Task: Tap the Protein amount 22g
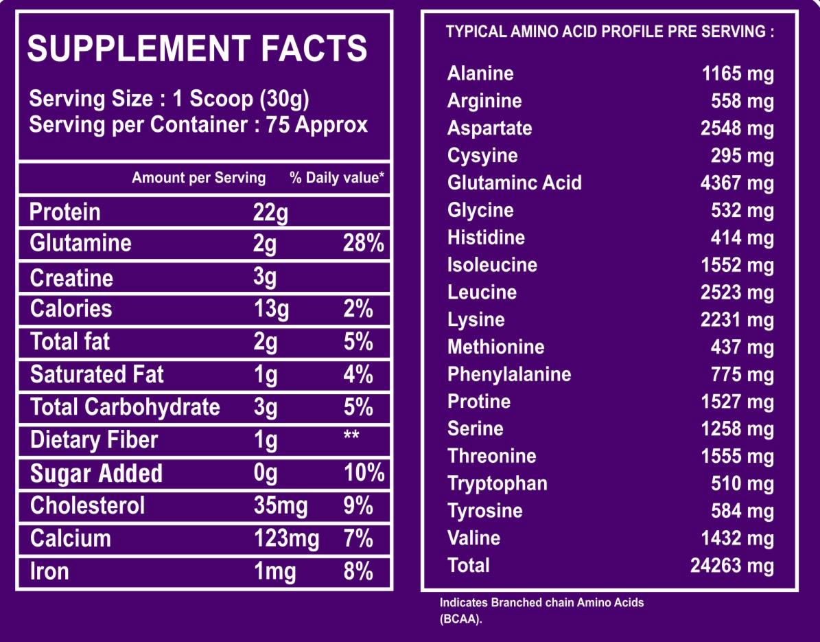pos(270,212)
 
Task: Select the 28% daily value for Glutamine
pos(363,244)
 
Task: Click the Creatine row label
pos(71,278)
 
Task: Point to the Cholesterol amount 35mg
pos(280,506)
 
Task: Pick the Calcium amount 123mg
pos(285,538)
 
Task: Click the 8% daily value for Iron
pos(358,571)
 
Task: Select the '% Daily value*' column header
pos(337,178)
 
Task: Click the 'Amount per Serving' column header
pos(198,178)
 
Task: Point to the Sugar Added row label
pos(96,474)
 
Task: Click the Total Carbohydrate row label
pos(125,407)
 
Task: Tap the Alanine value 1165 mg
pos(738,73)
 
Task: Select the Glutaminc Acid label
pos(514,183)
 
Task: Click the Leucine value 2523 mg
pos(738,293)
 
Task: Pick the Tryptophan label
pos(497,483)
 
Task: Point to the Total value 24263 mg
pos(731,566)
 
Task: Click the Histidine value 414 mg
pos(742,238)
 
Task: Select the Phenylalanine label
pos(509,374)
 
